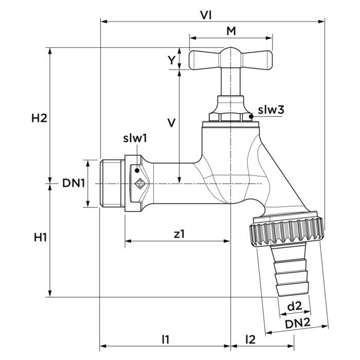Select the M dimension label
231,32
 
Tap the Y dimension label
171,60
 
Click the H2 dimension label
40,118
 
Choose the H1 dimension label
41,237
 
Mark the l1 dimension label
165,338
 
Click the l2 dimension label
250,338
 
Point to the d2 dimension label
294,307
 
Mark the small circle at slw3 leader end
250,117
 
